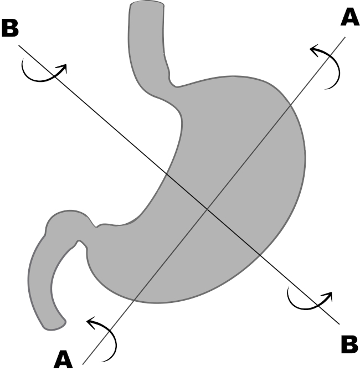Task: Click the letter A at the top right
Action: pyautogui.click(x=349, y=18)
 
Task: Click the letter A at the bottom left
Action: pyautogui.click(x=63, y=360)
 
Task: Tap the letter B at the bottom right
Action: pyautogui.click(x=349, y=344)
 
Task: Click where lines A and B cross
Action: pyautogui.click(x=207, y=209)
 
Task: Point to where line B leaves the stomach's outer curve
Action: pyautogui.click(x=260, y=255)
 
